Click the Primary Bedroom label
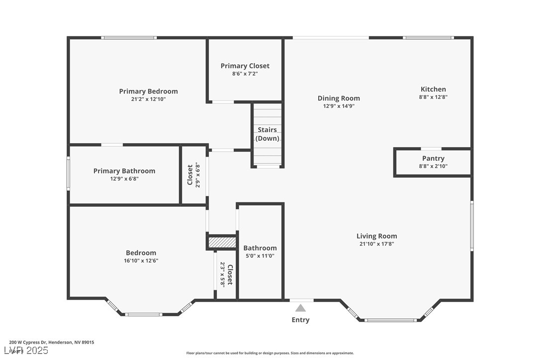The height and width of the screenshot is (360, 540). point(148,91)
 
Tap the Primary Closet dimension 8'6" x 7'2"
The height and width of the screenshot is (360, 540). point(245,74)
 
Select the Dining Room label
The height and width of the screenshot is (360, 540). point(339,98)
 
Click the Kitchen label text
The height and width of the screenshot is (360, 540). point(433,90)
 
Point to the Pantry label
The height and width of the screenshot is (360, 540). point(433,159)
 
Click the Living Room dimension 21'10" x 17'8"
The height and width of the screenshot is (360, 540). point(376,244)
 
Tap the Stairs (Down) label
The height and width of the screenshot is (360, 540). point(268,134)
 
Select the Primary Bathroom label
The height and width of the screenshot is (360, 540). point(124,171)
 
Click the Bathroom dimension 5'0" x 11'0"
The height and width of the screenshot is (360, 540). point(260,256)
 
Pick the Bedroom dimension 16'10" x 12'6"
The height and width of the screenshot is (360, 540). point(141,261)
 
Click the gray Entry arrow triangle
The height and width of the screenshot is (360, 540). point(301,308)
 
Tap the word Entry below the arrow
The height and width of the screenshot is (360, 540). point(300,320)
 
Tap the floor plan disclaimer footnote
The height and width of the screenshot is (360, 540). point(270,353)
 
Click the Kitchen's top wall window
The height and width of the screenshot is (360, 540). point(428,37)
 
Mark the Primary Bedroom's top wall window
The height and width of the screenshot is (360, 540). point(129,37)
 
